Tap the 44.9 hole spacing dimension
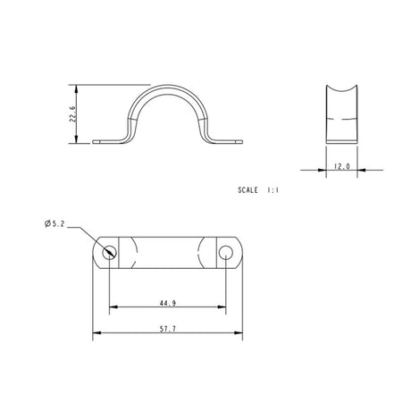point(166,303)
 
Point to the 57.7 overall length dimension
point(166,330)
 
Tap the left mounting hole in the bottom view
point(109,252)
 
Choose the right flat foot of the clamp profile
point(228,139)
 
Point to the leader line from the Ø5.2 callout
point(95,239)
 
